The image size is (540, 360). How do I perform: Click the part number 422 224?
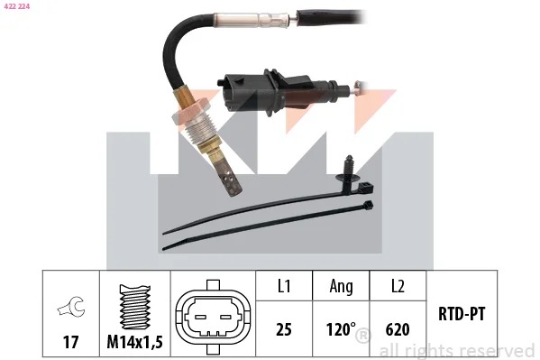point(17,6)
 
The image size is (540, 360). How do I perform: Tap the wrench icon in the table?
point(71,306)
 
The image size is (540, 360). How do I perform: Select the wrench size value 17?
point(70,342)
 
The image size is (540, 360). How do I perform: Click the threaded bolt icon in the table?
point(134,307)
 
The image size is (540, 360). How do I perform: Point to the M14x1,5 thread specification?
point(134,342)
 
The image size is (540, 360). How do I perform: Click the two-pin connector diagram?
point(213,317)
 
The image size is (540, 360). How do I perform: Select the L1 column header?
point(284,286)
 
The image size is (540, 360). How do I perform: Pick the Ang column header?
point(342,287)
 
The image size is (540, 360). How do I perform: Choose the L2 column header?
point(398,286)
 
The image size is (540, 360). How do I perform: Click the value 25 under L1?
point(284,329)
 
